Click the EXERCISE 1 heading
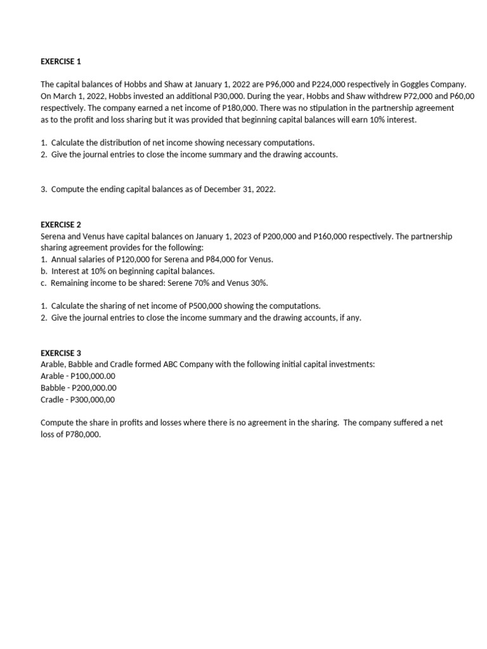tap(61, 61)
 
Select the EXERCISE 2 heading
tap(61, 224)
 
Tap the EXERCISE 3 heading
tap(61, 352)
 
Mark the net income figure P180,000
tap(226, 108)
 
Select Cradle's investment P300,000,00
tap(92, 399)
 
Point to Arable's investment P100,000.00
tap(91, 376)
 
